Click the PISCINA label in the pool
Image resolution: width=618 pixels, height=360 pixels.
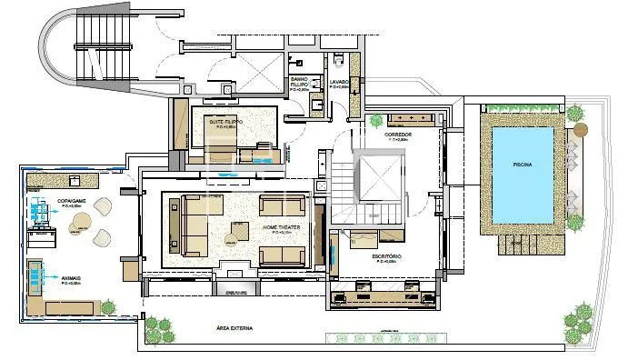point(521,165)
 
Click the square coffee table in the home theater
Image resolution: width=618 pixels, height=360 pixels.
point(236,232)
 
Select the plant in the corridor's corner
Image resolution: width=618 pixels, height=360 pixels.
point(375,120)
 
